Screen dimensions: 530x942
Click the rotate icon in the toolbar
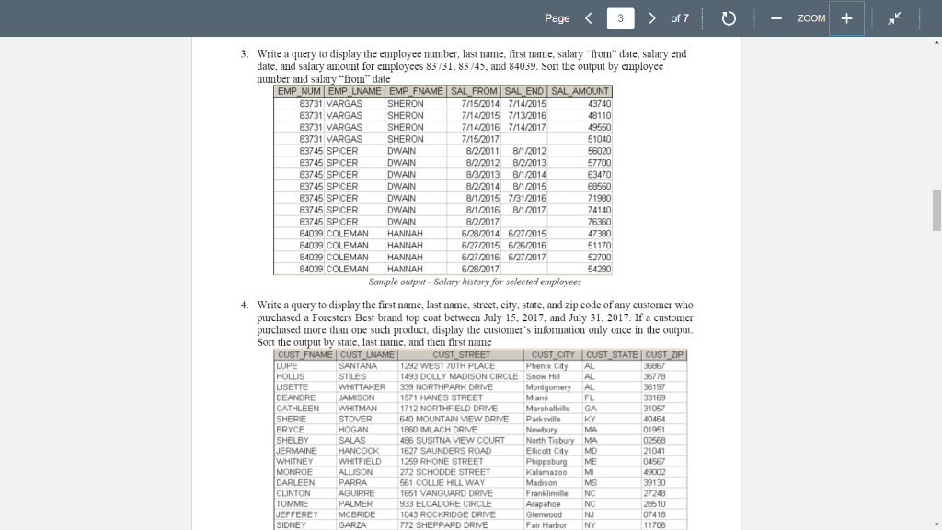[x=727, y=18]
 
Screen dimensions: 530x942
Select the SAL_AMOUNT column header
[x=580, y=91]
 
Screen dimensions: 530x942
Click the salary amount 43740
[x=599, y=104]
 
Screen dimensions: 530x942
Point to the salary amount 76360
[x=599, y=222]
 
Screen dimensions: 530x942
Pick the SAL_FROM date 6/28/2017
[x=480, y=269]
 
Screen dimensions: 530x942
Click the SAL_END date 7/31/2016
[x=528, y=198]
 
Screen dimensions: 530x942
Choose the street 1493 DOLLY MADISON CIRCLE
[x=459, y=376]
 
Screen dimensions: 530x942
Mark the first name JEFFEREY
[x=296, y=513]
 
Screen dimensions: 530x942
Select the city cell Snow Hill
[x=543, y=376]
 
